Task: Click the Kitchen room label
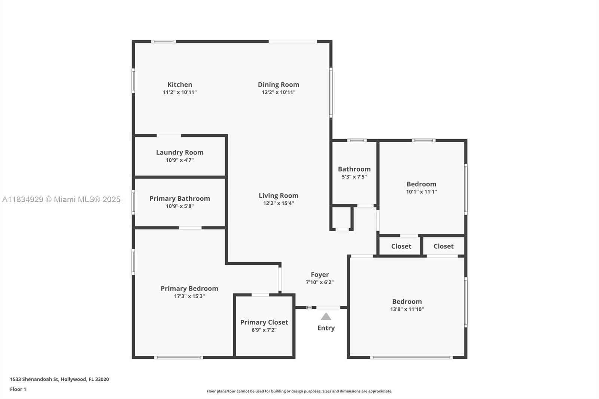(180, 85)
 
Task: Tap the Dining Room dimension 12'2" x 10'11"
(279, 92)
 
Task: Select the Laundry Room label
(180, 152)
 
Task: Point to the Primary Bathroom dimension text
(180, 206)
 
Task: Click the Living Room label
(279, 195)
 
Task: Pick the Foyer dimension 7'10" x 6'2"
(320, 282)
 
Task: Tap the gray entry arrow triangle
(326, 316)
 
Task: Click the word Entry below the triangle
(326, 328)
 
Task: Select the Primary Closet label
(264, 322)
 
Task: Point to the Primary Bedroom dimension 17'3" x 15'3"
(189, 296)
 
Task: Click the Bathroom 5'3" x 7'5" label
(354, 172)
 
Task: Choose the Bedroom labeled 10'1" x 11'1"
(421, 187)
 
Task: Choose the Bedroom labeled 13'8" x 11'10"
(407, 305)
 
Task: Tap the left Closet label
(401, 246)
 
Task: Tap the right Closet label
(443, 246)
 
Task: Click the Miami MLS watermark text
(61, 199)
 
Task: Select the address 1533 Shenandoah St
(34, 379)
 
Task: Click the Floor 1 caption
(18, 389)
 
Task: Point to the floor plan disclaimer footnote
(299, 391)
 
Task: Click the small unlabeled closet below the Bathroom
(341, 218)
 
